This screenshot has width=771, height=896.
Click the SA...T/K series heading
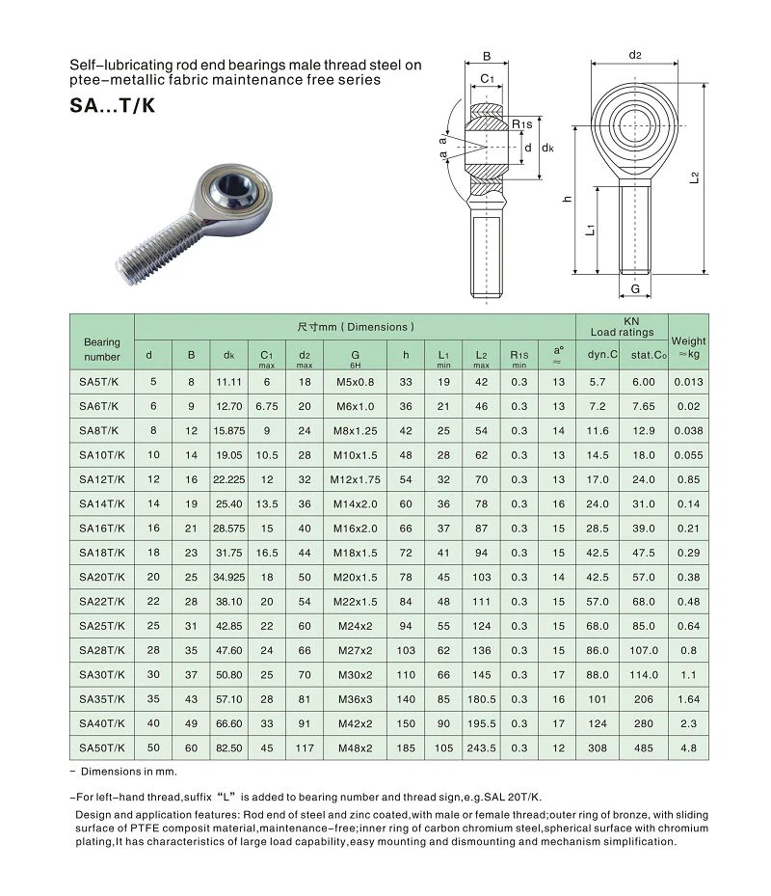(x=112, y=106)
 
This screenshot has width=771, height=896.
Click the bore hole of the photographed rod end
(x=234, y=184)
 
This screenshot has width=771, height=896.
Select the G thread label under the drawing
(x=635, y=289)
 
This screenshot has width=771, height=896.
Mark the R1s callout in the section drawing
(x=521, y=124)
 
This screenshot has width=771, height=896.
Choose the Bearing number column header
(x=101, y=349)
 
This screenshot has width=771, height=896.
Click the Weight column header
(x=688, y=347)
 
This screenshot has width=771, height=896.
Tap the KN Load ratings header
(x=622, y=327)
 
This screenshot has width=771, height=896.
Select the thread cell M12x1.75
(x=355, y=479)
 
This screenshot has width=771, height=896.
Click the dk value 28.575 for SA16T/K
(x=229, y=529)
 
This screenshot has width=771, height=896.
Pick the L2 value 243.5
(x=481, y=747)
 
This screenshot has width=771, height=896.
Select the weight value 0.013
(x=688, y=381)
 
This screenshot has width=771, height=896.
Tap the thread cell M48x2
(x=355, y=747)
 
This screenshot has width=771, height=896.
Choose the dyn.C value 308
(x=598, y=747)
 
